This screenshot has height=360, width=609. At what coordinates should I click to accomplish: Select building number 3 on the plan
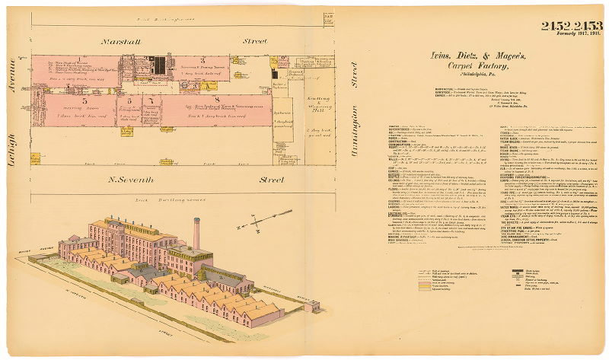[x=202, y=60]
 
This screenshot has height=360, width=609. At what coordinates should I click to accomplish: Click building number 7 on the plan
[x=152, y=100]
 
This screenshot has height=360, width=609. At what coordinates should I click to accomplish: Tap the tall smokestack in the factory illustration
[x=196, y=232]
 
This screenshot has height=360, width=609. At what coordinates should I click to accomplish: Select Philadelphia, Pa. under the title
[x=445, y=75]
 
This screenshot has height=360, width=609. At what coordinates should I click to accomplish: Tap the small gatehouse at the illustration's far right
[x=311, y=306]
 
